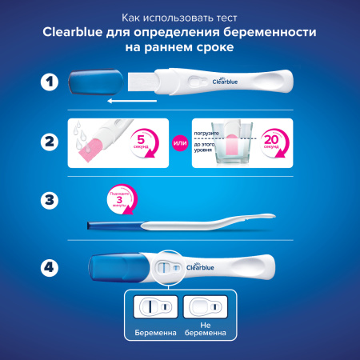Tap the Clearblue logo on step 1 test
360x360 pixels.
click(227, 79)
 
